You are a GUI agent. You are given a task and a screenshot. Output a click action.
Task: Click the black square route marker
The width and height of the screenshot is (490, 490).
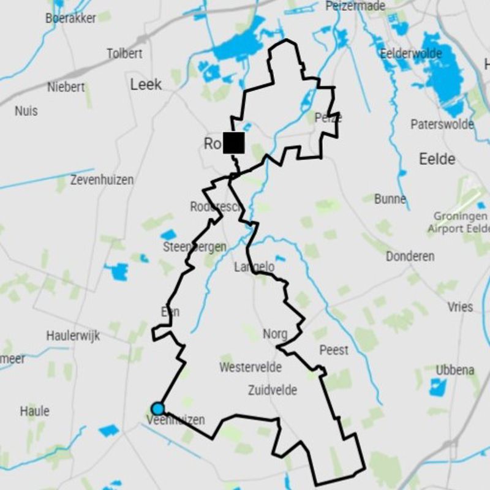coord(233,143)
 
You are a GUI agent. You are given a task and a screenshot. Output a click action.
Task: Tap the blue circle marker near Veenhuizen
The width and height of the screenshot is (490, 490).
coord(158,409)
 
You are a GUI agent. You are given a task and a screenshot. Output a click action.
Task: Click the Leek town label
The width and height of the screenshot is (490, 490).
coord(146,85)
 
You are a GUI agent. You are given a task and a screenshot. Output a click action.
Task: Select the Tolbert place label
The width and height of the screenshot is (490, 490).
coord(124,54)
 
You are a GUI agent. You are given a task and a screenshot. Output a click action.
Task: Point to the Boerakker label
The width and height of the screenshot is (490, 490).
coord(70,18)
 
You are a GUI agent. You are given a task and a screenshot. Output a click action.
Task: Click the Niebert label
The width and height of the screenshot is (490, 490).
coord(66,87)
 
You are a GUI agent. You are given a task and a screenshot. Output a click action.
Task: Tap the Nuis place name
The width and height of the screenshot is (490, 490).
coord(26,111)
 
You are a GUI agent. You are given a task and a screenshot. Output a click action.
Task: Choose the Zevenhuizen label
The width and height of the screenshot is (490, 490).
coord(102,180)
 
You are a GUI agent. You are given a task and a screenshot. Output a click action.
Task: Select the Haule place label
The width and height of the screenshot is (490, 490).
coord(34,411)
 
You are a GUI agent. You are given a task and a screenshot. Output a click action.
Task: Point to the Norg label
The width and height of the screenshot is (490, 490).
coord(274,334)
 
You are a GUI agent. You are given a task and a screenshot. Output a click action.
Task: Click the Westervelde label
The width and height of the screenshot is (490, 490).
coord(251,367)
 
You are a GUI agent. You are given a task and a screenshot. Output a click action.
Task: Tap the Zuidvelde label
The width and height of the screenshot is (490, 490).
coord(273,390)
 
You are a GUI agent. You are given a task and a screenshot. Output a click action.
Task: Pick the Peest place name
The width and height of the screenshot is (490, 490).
coord(334,350)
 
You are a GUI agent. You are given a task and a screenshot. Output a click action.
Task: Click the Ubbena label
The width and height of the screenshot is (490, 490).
coord(454,370)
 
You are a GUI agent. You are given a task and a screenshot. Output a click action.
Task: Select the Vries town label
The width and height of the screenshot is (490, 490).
coord(460,307)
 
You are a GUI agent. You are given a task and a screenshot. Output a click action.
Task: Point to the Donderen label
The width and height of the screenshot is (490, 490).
coord(410,256)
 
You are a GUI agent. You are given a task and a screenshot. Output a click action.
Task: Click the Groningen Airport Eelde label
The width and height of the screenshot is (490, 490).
coord(461,222)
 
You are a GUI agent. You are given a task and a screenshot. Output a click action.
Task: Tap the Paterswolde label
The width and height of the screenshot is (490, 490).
coord(442,124)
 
